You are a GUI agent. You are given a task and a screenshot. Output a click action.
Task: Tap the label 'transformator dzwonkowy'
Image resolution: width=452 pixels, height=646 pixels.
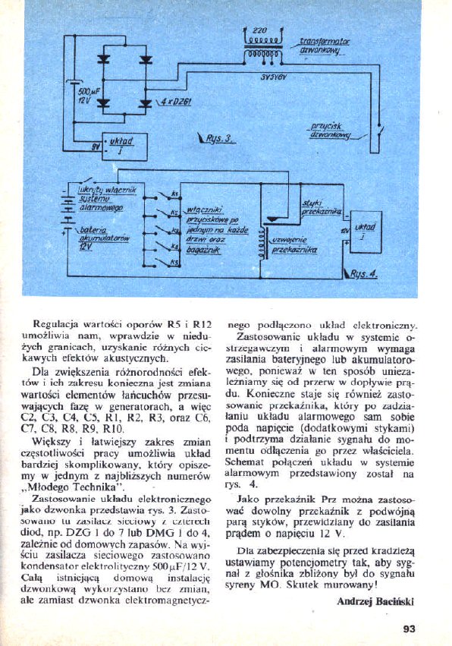pyautogui.click(x=324, y=47)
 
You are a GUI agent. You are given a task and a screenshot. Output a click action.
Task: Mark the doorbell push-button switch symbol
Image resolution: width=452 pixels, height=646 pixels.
pyautogui.click(x=363, y=142)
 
